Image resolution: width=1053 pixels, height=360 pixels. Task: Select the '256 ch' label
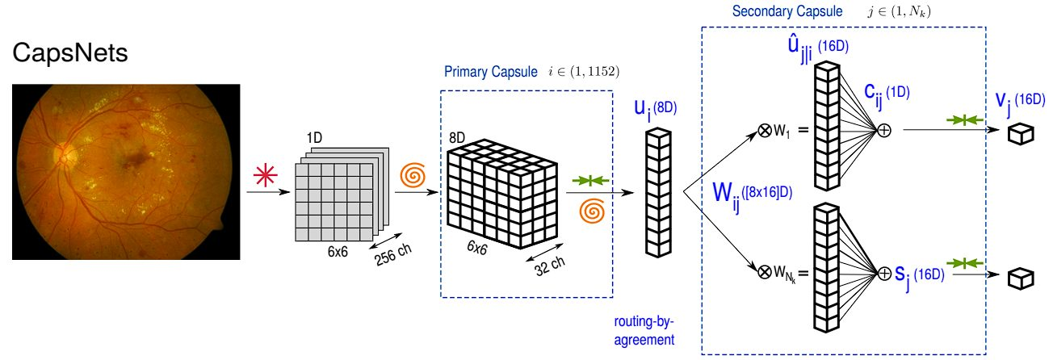pyautogui.click(x=394, y=255)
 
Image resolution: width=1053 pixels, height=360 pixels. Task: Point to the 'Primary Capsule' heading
pyautogui.click(x=491, y=72)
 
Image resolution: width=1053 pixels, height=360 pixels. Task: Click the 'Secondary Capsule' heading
pyautogui.click(x=787, y=11)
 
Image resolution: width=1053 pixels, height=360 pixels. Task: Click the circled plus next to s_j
pyautogui.click(x=884, y=274)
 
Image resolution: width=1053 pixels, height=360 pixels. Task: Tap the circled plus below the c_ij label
pyautogui.click(x=884, y=131)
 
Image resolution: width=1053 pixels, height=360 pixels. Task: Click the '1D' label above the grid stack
pyautogui.click(x=314, y=138)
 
